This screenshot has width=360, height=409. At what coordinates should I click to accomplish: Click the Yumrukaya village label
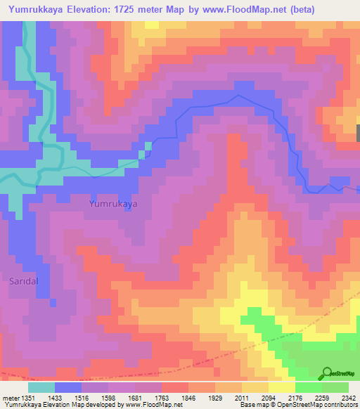point(112,203)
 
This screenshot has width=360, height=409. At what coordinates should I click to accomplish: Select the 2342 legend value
point(349,398)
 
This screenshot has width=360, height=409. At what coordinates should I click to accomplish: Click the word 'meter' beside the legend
point(10,398)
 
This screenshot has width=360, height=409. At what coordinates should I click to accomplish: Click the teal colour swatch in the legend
point(41,387)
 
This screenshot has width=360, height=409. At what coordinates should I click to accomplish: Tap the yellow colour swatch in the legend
point(281,387)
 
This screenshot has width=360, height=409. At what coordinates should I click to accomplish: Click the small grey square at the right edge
point(357,132)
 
